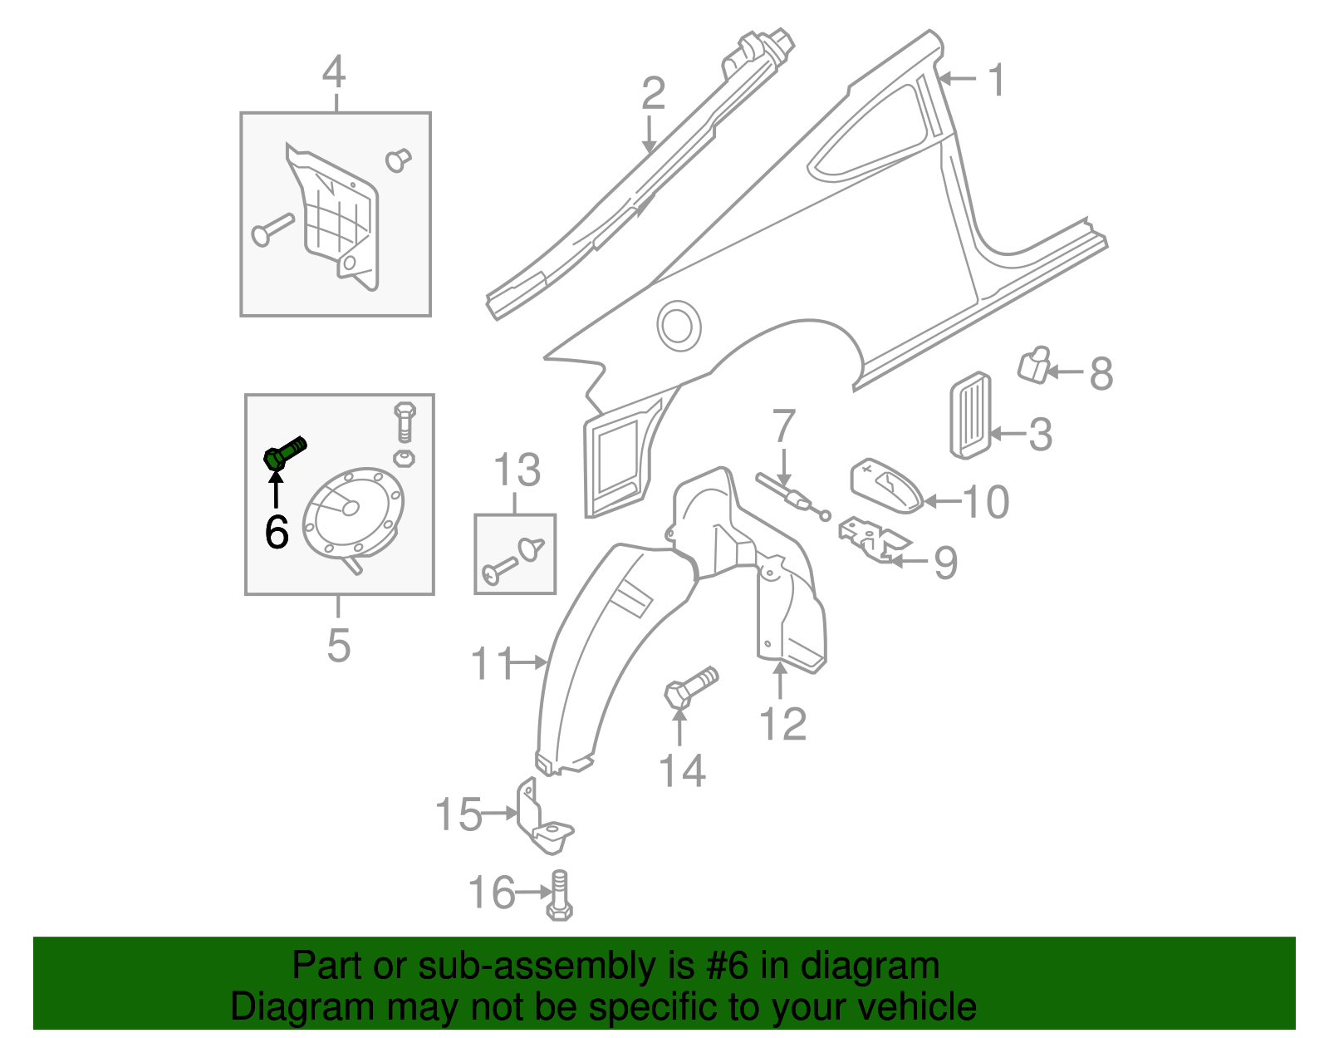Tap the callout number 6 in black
pos(277,532)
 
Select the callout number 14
pos(682,770)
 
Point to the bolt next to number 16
pos(560,896)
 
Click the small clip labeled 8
pos(1033,365)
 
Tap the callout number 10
pos(986,502)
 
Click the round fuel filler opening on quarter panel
pos(679,325)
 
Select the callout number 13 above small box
pos(517,470)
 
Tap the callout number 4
pos(334,72)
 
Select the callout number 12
pos(782,725)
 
